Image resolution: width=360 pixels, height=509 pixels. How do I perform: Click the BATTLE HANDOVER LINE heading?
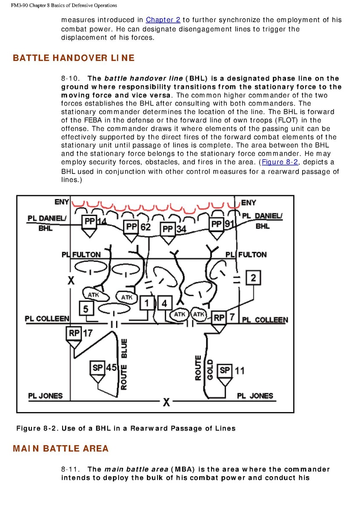point(74,58)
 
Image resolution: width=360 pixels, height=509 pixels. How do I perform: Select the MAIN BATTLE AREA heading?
point(61,449)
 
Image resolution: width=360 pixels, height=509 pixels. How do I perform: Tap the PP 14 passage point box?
point(89,222)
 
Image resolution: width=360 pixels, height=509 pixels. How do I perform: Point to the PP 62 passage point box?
point(131,227)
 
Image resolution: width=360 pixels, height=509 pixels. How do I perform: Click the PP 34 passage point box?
point(168,230)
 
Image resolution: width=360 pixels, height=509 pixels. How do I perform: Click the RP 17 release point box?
point(74,333)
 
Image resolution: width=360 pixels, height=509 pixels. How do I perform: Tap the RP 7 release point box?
point(219,318)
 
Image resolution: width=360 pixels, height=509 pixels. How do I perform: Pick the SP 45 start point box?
point(98,367)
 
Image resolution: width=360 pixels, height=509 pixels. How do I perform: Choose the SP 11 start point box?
point(224,370)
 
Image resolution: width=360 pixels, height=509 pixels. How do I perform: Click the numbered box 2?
point(253,278)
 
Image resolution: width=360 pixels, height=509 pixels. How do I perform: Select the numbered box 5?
point(86,308)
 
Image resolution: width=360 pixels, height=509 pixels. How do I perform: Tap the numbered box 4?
point(165,303)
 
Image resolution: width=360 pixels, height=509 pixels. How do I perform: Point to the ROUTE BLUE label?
point(124,364)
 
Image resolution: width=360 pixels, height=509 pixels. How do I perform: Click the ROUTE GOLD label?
point(204,368)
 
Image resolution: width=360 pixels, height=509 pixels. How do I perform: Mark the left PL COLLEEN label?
point(47,319)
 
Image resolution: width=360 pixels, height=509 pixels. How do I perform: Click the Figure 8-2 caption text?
point(126,428)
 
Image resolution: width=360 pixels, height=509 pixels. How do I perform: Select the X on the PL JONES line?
point(166,402)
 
